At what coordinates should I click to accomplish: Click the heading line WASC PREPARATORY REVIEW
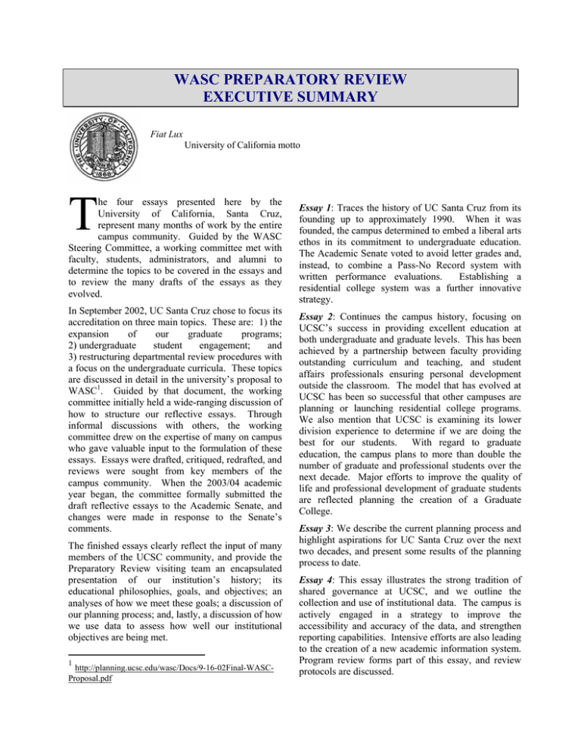(x=290, y=79)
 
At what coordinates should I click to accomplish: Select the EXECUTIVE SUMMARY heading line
(x=290, y=97)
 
